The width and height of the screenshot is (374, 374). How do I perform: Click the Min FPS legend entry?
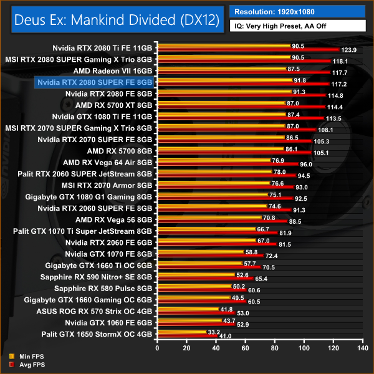(22, 357)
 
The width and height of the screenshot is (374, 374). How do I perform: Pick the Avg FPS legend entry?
(22, 363)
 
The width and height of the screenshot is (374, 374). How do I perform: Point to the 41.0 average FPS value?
(225, 337)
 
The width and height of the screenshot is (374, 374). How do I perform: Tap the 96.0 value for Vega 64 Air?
(305, 164)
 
